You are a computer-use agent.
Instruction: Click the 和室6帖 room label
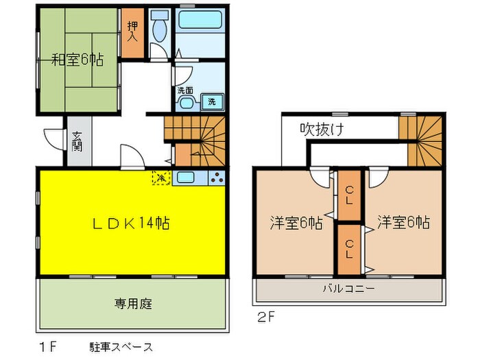pos(77,60)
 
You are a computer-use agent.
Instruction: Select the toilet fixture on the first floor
pos(159,29)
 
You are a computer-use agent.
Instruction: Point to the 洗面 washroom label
pos(184,90)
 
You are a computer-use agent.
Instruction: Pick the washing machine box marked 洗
pos(213,101)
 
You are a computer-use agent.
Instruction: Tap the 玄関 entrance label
pos(77,142)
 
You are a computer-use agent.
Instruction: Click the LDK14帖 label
pos(132,223)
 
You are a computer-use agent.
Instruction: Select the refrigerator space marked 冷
pos(160,178)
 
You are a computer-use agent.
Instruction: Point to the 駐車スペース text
pos(121,347)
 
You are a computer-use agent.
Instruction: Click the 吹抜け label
pos(321,128)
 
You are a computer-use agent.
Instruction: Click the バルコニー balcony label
pos(349,289)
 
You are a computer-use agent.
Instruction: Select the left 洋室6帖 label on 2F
pos(296,223)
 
